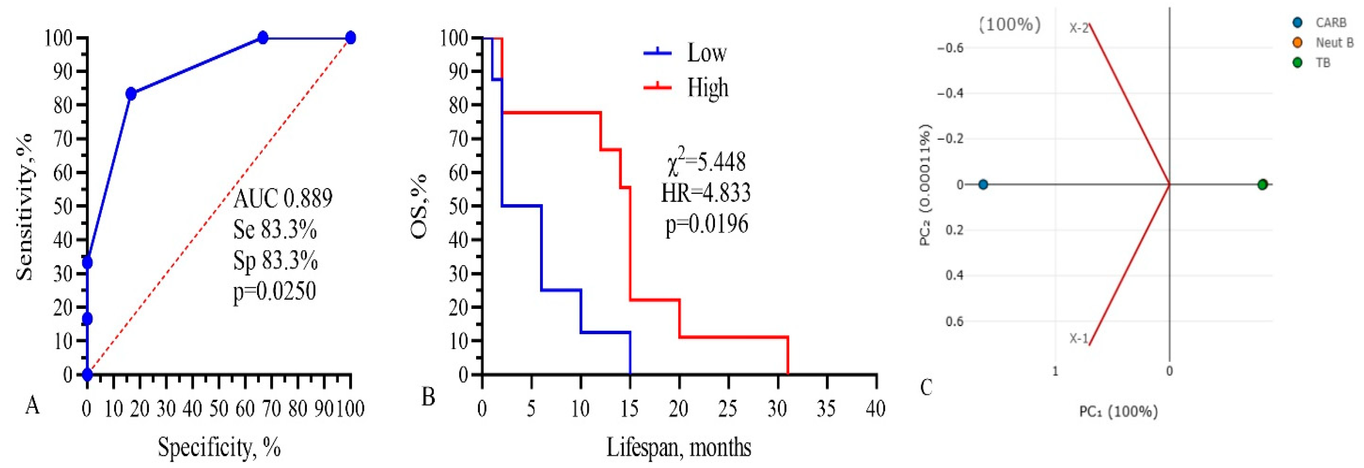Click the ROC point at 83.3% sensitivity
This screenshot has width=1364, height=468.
[131, 94]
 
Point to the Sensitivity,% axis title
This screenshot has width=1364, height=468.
[24, 207]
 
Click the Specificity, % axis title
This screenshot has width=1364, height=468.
[219, 447]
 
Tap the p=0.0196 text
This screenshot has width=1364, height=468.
[706, 224]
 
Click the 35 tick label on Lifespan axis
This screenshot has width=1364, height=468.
[826, 408]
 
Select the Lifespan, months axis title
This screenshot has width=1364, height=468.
[678, 447]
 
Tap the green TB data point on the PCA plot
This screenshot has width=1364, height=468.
[1263, 184]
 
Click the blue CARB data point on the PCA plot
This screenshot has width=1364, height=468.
[983, 184]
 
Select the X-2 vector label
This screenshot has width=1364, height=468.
[1078, 28]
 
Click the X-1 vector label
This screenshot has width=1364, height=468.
[1078, 338]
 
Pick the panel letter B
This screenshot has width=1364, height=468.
[428, 397]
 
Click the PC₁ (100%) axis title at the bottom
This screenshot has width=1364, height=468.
[1119, 412]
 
